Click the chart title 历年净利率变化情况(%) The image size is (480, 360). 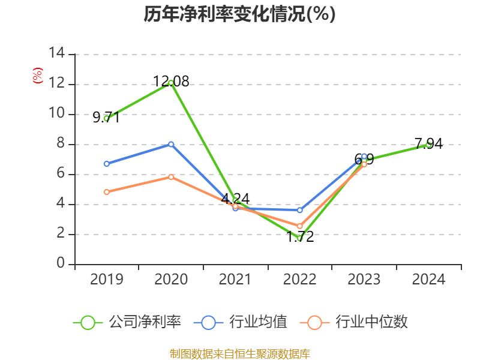coord(239,14)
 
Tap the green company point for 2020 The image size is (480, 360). coord(171,83)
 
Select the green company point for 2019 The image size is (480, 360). coord(107,118)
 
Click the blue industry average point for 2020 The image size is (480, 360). coord(171,144)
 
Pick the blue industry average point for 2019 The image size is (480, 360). coord(107,164)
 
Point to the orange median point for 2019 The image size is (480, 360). coord(107,192)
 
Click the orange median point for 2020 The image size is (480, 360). coord(171,177)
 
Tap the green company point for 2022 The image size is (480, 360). coord(299,238)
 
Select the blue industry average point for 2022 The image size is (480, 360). coord(299,210)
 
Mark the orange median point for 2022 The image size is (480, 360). coord(299,226)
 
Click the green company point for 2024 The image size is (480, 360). coord(428,144)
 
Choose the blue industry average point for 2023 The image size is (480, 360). coord(364,156)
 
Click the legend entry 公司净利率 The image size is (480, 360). coord(127,322)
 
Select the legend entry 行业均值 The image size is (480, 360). coord(241,322)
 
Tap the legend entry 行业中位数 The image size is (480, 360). coord(358,322)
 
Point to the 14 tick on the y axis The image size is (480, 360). coord(57,54)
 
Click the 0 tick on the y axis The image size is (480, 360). coord(61,264)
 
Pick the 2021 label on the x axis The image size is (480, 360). coord(235,280)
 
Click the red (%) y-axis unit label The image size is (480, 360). coord(38,76)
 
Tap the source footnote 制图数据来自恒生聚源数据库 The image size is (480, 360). coord(239,353)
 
